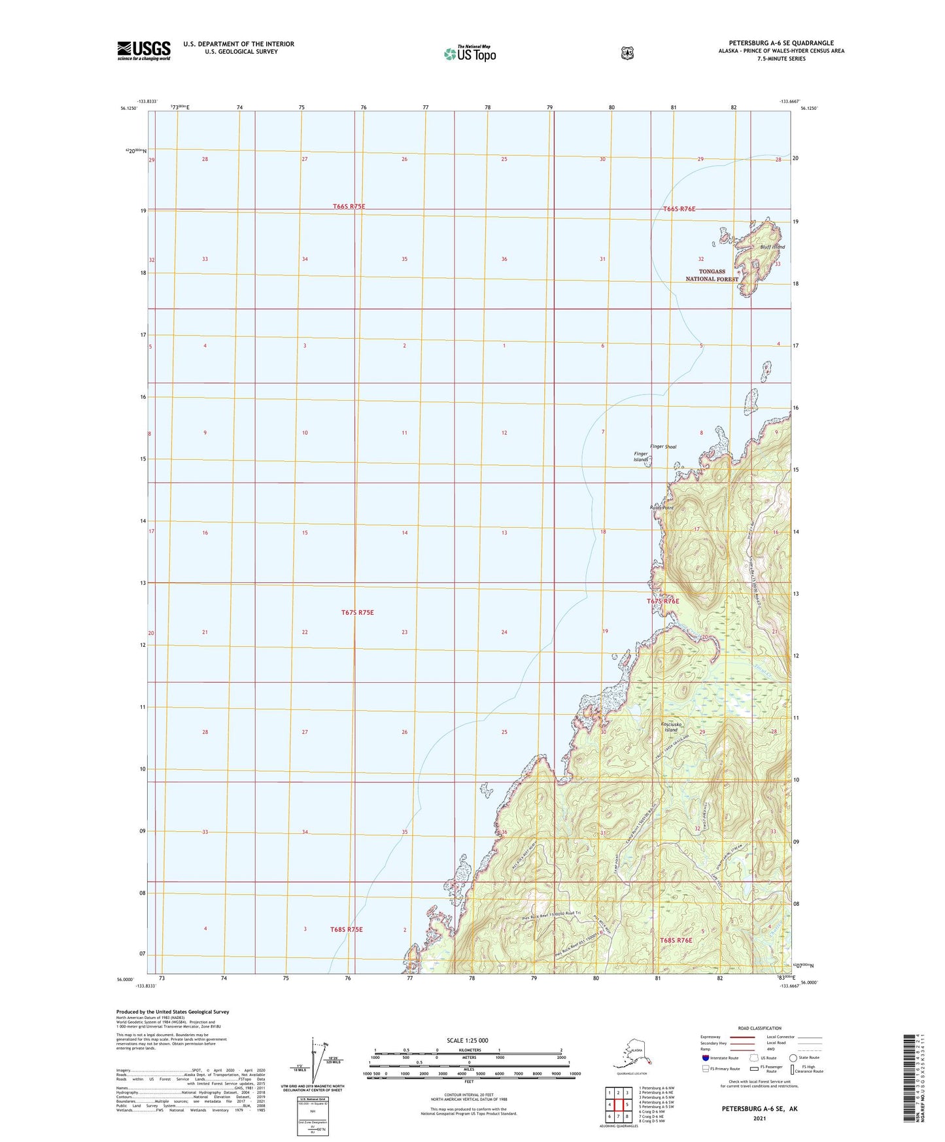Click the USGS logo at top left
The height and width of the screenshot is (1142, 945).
click(x=143, y=50)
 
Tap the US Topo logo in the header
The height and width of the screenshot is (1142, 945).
click(x=470, y=53)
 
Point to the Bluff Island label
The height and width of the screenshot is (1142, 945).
click(x=772, y=247)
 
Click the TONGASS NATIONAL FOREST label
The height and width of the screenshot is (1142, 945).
click(x=712, y=275)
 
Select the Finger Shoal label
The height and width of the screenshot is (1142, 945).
click(x=662, y=447)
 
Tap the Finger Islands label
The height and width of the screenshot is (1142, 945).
click(x=640, y=457)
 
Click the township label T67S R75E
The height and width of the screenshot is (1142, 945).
click(x=357, y=612)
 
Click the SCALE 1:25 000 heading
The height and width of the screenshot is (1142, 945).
click(x=467, y=1040)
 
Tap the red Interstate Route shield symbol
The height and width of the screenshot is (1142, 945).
click(x=705, y=1058)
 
